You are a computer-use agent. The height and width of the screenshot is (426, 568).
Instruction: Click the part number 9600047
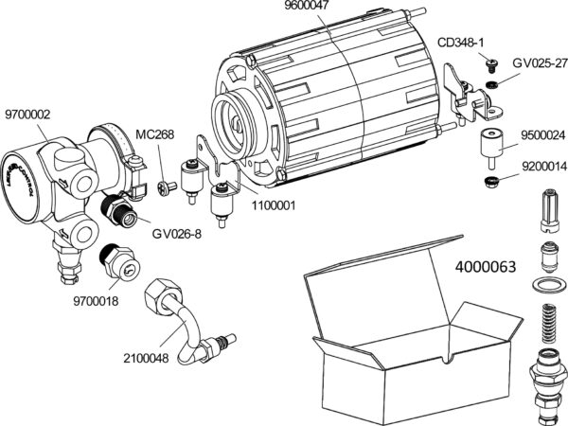[307, 8]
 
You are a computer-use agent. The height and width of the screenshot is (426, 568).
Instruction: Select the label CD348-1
[461, 43]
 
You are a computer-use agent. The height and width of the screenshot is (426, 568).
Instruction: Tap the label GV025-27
[538, 62]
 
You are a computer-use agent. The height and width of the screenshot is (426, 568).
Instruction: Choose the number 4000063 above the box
[486, 267]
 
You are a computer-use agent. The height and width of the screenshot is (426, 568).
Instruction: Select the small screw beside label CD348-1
[491, 64]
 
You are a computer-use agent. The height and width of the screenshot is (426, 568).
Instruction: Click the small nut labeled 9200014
[490, 180]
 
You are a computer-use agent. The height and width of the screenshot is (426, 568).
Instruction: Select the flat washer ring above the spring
[547, 286]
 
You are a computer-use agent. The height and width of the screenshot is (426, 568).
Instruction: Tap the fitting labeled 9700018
[115, 261]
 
